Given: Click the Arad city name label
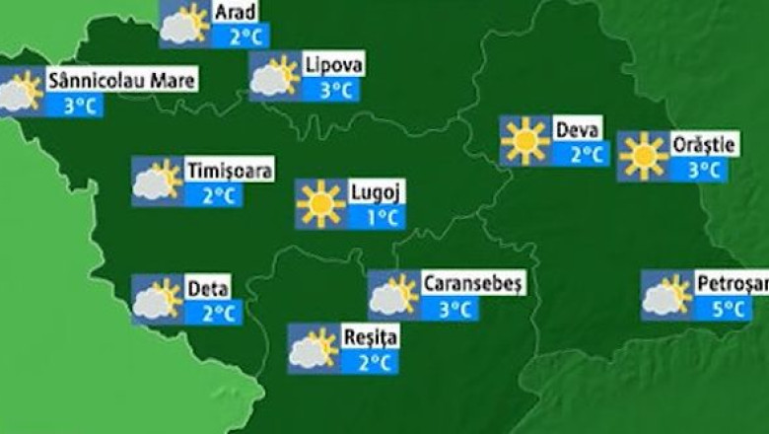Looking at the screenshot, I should pos(236,12).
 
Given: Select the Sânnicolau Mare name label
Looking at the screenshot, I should pos(122,81).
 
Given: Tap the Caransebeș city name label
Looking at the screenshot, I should pos(473,284).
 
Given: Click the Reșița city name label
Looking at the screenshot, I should pos(370,337).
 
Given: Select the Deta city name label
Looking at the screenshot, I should pos(208,289).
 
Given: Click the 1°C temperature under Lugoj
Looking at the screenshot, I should pos(375,217).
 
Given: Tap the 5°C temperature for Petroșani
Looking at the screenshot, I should pos(729,309).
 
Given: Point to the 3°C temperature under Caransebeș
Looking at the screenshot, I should pos(453,309).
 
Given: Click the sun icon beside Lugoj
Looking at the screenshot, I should pos(321,203).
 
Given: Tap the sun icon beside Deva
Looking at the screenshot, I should pos(524,141).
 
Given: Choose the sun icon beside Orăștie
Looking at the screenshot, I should pos(643,156).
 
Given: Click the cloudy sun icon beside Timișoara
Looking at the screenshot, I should pos(158,181).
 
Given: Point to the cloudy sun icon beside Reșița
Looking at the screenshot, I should pos(314,349).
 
